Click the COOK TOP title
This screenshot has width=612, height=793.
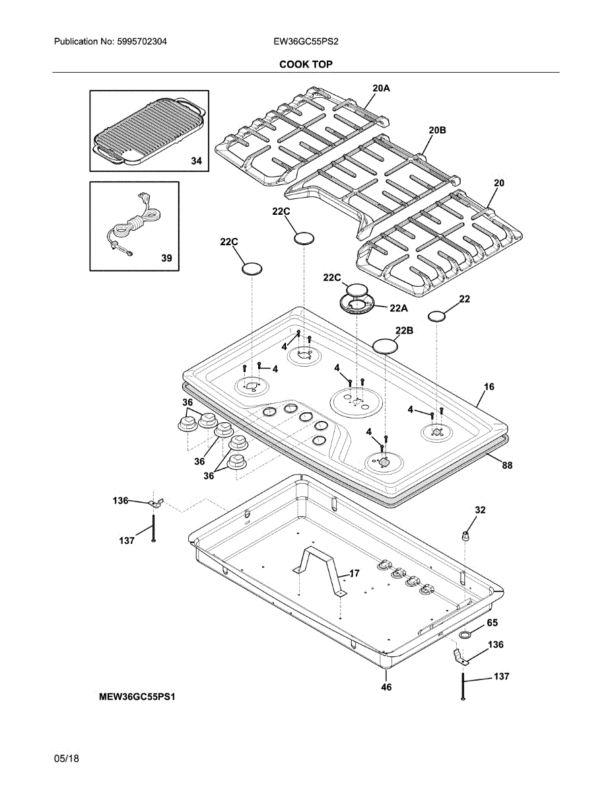(x=306, y=64)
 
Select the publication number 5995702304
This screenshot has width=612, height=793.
(x=142, y=42)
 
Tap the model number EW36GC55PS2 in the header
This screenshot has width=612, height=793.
(x=306, y=42)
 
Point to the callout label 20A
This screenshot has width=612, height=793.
(x=382, y=88)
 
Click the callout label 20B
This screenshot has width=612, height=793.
(x=438, y=130)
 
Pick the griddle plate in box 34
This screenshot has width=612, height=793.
(x=149, y=130)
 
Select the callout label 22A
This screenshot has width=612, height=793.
(x=399, y=309)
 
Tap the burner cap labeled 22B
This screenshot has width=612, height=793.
(x=386, y=346)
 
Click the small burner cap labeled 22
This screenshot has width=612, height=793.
(x=438, y=317)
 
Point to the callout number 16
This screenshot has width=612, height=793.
(x=489, y=387)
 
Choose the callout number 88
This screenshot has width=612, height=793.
(x=508, y=465)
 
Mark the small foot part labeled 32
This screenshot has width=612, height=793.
(x=465, y=536)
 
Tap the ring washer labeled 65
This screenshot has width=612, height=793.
(x=465, y=636)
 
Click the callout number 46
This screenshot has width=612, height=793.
(x=386, y=687)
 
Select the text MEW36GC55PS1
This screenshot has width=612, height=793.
(x=137, y=697)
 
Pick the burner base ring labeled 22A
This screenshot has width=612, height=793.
(x=357, y=303)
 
